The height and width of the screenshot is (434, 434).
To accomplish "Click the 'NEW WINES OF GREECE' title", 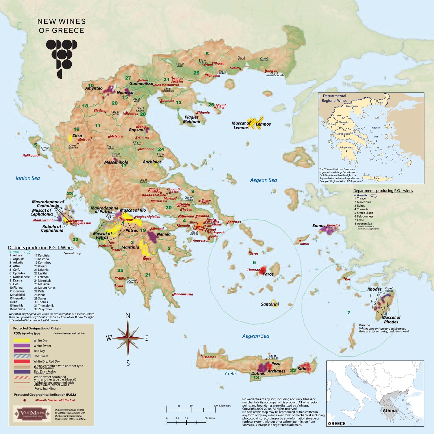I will click(61, 26).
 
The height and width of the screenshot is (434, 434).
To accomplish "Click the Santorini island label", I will click(270, 304).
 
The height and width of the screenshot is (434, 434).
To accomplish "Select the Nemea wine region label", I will click(164, 234).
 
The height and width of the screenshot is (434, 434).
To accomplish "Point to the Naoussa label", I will click(125, 92).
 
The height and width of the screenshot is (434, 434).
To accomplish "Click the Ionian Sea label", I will click(28, 178).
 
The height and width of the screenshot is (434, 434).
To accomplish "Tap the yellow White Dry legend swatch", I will click(22, 340).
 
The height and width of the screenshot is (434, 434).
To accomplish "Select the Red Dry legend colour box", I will click(22, 351).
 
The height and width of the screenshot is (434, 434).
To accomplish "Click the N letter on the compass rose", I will click(128, 315).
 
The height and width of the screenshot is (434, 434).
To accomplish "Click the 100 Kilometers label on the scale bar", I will click(222, 406).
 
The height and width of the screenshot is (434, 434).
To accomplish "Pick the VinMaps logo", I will click(32, 414).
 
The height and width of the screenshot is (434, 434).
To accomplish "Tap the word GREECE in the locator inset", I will click(337, 423).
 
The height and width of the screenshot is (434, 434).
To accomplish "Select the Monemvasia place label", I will click(183, 294).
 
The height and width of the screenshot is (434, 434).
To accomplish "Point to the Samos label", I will click(318, 225).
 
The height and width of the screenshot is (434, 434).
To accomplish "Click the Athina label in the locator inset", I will click(390, 411).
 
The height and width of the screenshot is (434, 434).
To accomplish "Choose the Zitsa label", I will click(77, 136).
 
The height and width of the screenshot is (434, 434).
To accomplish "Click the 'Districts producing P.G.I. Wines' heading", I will click(41, 248).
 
